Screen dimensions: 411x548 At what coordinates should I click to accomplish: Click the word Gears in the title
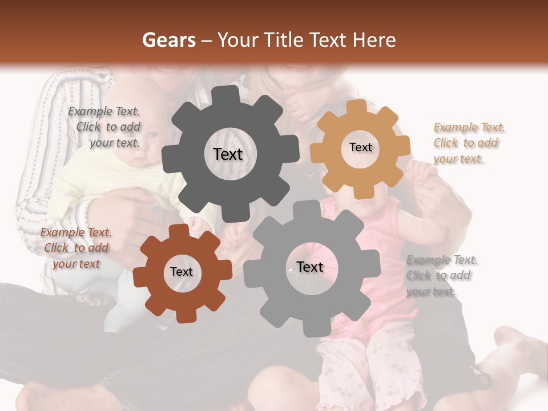(x=168, y=40)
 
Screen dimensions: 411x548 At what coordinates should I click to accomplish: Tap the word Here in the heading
(x=374, y=40)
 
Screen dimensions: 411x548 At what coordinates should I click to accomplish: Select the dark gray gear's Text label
(x=228, y=154)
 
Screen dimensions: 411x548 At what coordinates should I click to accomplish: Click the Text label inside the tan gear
(x=360, y=147)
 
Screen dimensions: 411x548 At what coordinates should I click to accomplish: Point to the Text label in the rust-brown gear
(x=182, y=272)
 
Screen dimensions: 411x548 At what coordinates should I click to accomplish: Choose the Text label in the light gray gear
(x=310, y=267)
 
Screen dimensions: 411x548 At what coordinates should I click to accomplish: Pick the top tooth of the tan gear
(x=357, y=107)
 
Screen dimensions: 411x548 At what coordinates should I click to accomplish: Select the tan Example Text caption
(x=469, y=143)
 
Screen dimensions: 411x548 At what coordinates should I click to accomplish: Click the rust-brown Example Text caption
(x=76, y=248)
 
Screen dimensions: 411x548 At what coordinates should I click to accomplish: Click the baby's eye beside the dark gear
(x=153, y=135)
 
